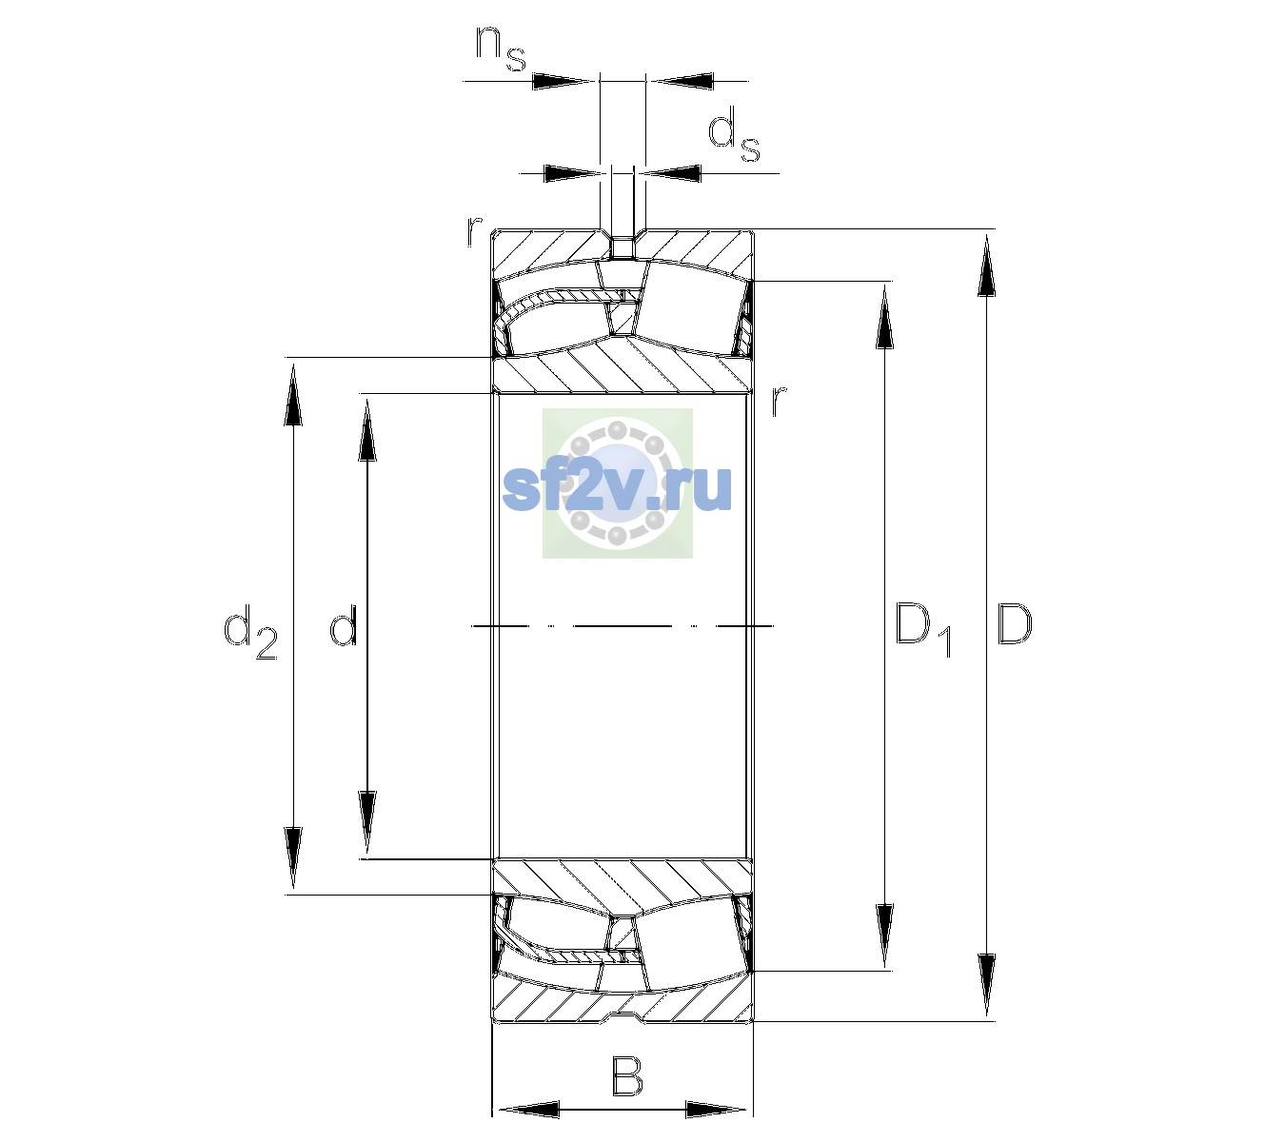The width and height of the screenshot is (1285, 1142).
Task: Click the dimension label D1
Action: click(x=923, y=630)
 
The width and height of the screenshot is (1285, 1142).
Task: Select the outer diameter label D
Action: click(x=1014, y=624)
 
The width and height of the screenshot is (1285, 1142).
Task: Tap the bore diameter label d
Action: click(x=343, y=624)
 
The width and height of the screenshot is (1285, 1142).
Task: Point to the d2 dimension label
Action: click(x=250, y=632)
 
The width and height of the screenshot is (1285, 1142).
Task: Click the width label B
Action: click(x=626, y=1076)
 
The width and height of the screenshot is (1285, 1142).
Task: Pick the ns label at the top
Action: click(x=501, y=49)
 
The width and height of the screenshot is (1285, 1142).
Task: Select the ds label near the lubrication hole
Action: click(x=733, y=134)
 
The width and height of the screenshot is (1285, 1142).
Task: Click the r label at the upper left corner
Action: click(x=474, y=231)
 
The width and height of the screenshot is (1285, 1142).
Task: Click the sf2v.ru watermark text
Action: click(x=617, y=486)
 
